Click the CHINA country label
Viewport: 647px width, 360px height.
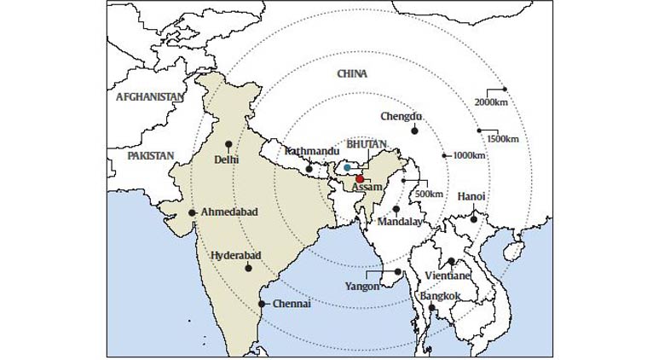pos(352,74)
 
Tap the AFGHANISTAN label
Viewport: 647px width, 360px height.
pos(149,97)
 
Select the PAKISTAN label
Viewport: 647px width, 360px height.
pos(150,156)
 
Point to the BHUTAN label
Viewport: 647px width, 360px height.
pos(367,145)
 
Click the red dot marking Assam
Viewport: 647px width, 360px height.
pos(360,179)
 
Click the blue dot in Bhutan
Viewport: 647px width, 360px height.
pos(347,166)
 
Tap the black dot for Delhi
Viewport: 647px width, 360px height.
pos(228,144)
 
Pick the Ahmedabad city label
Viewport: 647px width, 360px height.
pos(228,212)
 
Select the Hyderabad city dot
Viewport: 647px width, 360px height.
pos(248,268)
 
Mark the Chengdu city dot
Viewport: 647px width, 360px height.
pos(414,131)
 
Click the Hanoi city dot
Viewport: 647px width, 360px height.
pos(474,219)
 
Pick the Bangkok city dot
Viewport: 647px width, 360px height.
pos(432,308)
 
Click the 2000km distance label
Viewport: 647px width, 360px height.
pos(491,103)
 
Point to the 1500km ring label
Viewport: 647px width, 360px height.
pos(502,138)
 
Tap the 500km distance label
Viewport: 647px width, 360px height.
pos(428,194)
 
